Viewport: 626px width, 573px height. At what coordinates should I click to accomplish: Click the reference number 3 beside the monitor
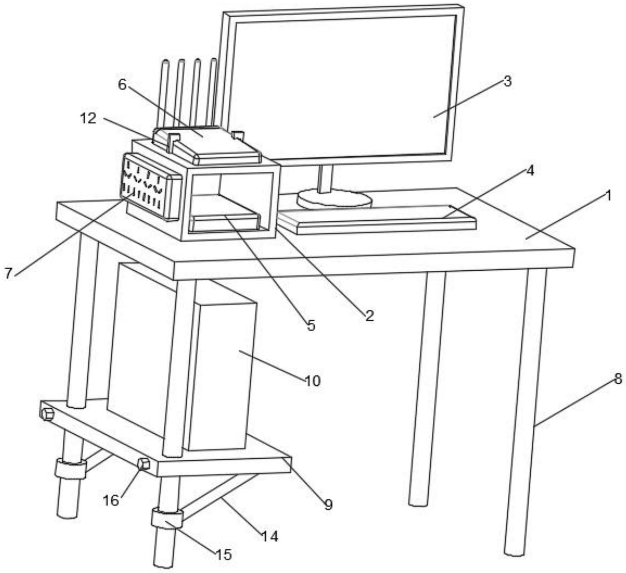[507, 81]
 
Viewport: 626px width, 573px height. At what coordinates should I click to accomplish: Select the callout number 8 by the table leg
[618, 379]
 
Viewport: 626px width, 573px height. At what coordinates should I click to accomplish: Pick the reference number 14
[270, 537]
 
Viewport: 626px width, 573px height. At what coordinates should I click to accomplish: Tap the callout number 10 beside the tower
[313, 381]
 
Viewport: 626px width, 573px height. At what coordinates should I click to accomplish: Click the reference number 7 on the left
[8, 273]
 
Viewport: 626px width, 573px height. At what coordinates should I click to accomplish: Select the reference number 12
[88, 118]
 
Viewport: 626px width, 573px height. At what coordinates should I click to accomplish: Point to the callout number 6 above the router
[122, 84]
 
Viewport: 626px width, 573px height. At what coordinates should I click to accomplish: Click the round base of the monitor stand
[334, 199]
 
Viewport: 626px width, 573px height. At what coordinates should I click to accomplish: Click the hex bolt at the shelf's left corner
[47, 414]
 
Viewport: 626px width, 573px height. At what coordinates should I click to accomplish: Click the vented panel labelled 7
[150, 186]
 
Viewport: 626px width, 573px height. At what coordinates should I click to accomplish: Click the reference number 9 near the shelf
[328, 504]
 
